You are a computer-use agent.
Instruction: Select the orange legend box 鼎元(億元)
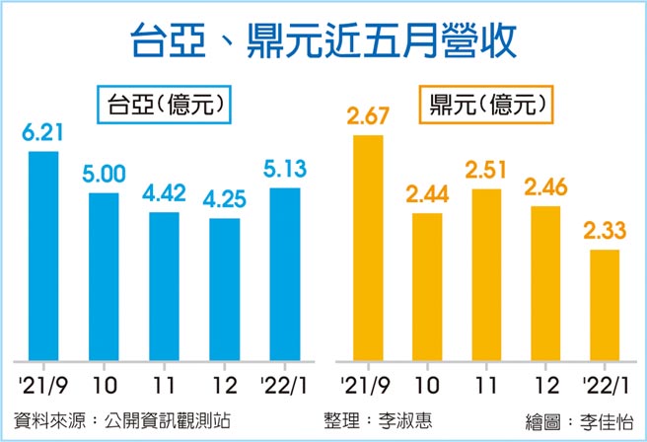tap(485, 102)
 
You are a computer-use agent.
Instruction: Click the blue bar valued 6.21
tap(43, 255)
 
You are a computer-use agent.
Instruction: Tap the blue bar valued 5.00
tap(104, 275)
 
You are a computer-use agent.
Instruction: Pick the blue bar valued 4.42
tap(164, 285)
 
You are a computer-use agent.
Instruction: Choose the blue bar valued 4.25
tap(224, 288)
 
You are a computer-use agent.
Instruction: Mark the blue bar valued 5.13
tap(284, 273)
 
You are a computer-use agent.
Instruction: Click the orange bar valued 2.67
tap(367, 247)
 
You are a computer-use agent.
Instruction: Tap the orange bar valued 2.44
tap(427, 285)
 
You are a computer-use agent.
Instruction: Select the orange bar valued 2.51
tap(487, 273)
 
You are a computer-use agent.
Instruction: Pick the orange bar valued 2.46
tap(546, 282)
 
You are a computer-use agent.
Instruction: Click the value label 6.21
tap(43, 132)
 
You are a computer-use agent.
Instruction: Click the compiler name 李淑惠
tap(404, 420)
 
